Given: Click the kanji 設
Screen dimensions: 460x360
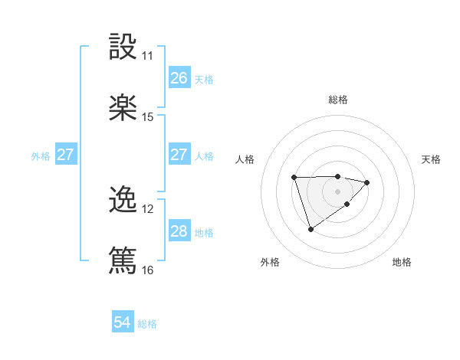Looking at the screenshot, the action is point(123,47).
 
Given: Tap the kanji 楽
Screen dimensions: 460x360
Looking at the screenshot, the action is point(123,108).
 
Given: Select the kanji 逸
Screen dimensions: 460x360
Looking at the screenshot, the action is point(123,200).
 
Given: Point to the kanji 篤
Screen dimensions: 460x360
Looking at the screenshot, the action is point(123,260).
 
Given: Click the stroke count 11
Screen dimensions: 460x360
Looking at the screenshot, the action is point(148,56).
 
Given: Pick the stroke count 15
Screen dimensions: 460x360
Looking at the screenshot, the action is point(148,117).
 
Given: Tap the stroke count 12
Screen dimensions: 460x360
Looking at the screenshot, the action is point(148,209).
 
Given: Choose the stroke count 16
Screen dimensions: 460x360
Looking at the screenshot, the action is point(148,270).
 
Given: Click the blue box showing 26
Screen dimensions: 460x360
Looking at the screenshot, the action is point(179,78).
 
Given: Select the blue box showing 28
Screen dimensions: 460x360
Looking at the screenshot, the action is point(179,231).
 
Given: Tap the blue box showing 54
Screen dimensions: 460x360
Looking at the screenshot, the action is point(123,323).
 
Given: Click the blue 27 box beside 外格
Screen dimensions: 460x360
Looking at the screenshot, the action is point(65,155).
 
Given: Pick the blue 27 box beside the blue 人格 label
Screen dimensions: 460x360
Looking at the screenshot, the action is point(179,155).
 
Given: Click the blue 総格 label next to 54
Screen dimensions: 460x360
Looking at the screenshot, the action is point(147,324).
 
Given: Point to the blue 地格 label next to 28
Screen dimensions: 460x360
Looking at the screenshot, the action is point(204,232).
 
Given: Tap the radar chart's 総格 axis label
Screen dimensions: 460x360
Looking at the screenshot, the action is point(338,100).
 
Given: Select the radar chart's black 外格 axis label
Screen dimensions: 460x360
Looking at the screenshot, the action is point(270,262).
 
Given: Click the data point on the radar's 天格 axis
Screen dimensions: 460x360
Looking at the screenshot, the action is point(367,182).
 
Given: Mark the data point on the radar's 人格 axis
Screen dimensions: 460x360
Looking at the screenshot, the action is point(294,178).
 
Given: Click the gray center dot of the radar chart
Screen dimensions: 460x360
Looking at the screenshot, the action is point(338,190).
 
